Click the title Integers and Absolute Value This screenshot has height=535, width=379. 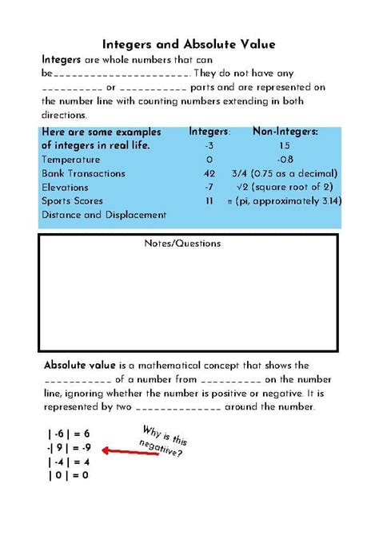tap(189, 45)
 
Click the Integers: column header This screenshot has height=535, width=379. tap(209, 132)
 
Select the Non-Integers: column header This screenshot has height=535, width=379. tap(285, 132)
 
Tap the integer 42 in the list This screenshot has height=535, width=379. tap(209, 173)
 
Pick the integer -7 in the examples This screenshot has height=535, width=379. tap(209, 187)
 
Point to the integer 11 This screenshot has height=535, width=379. tap(209, 200)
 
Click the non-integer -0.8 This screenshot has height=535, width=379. tap(285, 159)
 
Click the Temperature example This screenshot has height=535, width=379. tap(71, 159)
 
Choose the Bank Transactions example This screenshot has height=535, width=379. tap(83, 173)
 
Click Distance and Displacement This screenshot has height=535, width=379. tap(104, 214)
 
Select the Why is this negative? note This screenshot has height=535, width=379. tap(163, 442)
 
